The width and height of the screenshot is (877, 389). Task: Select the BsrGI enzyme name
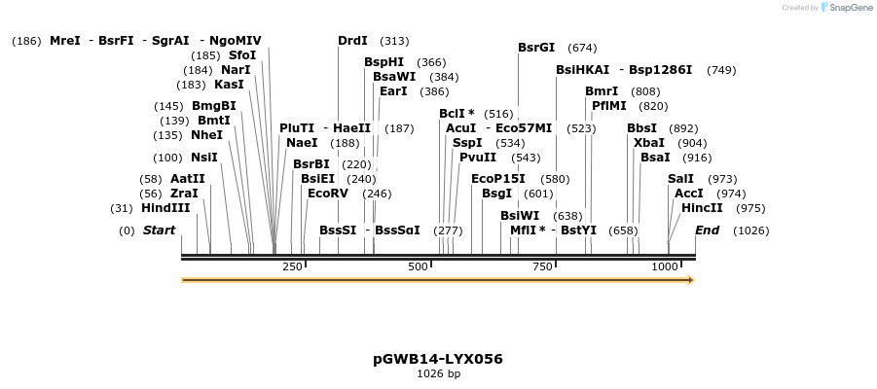(x=536, y=48)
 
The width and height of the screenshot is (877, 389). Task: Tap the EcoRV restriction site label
(x=327, y=194)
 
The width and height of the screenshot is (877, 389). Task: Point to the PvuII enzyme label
(x=478, y=158)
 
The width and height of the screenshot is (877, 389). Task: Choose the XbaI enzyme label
(x=649, y=143)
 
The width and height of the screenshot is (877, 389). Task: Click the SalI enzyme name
(x=681, y=179)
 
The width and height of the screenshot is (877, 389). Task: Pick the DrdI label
(x=352, y=41)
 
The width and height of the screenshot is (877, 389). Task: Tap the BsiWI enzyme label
(x=520, y=216)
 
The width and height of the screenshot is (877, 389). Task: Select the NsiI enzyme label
(x=204, y=158)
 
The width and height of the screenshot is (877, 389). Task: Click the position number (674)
(x=582, y=48)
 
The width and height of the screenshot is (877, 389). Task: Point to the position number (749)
(x=721, y=70)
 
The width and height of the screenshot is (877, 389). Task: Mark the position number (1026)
(x=750, y=230)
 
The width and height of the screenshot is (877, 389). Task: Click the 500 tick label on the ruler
(x=419, y=266)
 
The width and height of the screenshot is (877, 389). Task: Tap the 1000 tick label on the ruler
(x=665, y=266)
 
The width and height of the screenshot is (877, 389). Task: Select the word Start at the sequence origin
(x=159, y=230)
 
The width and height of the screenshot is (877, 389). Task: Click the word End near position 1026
(x=707, y=230)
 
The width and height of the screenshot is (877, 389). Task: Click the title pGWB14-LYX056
(x=438, y=359)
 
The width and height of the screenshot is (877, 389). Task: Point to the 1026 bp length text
(x=438, y=373)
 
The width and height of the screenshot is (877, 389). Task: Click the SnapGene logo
(x=843, y=8)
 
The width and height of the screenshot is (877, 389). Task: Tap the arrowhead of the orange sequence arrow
(x=690, y=280)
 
